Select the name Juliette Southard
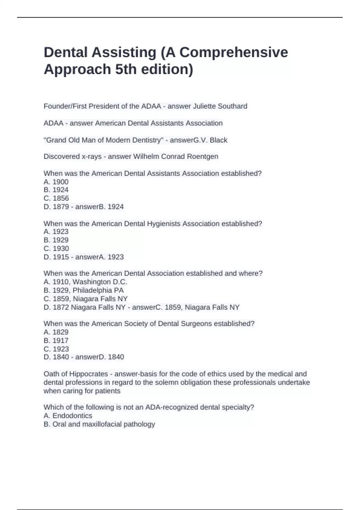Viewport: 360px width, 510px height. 220,106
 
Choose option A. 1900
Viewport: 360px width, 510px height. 56,182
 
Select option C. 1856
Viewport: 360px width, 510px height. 56,198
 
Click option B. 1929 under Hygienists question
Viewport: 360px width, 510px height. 56,240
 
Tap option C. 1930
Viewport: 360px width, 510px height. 56,248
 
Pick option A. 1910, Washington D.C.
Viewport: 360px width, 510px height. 85,282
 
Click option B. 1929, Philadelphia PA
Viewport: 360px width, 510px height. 84,290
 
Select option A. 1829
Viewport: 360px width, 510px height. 56,332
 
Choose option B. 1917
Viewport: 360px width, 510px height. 56,340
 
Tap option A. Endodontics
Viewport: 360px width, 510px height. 68,416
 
